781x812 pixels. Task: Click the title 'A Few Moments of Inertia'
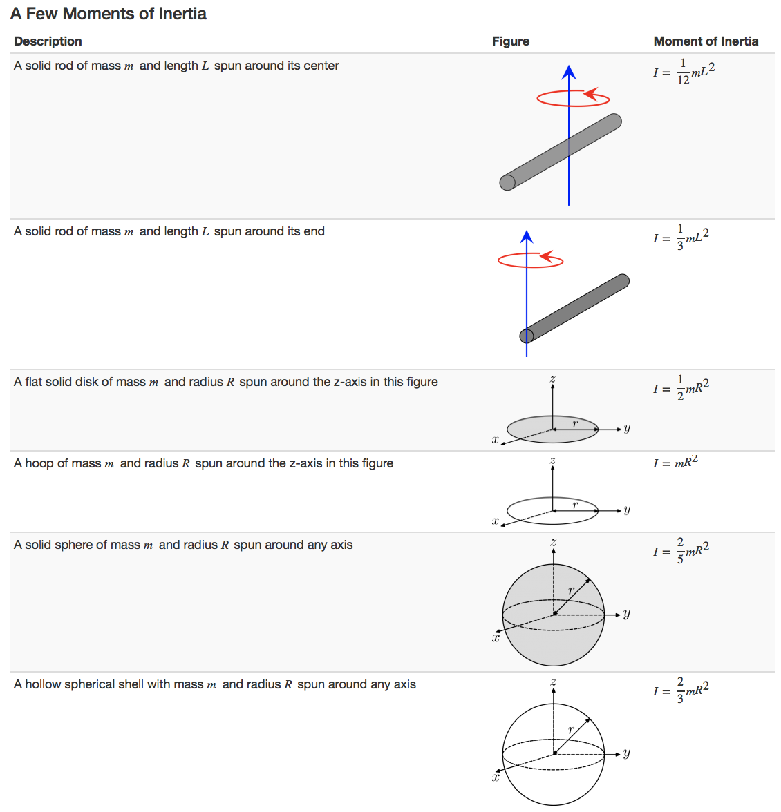click(109, 14)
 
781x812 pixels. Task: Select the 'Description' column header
click(48, 41)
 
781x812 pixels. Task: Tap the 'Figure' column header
click(510, 41)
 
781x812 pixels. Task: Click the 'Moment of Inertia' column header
click(706, 41)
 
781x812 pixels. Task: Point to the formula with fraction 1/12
click(684, 72)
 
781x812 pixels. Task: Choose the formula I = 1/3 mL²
click(681, 238)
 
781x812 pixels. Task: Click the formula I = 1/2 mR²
click(681, 388)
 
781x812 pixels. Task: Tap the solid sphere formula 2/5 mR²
click(681, 551)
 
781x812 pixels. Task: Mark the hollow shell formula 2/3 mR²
click(681, 690)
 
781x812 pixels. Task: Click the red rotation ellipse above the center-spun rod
click(573, 99)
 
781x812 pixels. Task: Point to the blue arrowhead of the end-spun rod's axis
click(527, 237)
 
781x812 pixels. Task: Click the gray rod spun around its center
click(561, 152)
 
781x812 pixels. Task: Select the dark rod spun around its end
click(575, 309)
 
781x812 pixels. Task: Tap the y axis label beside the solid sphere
click(627, 613)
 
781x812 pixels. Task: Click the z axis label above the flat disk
click(553, 379)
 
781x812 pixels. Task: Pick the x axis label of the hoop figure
click(495, 521)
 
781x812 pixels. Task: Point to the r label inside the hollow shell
click(571, 730)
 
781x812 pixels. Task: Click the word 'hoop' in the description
click(39, 463)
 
